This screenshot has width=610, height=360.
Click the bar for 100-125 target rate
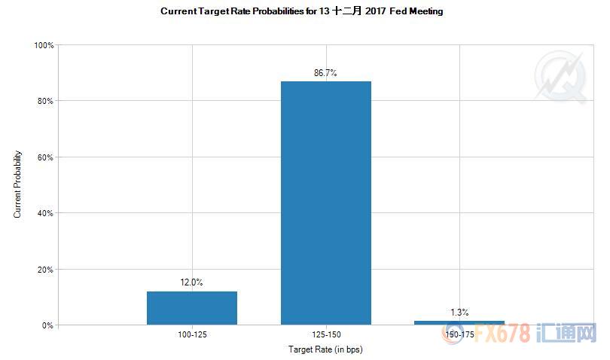click(x=191, y=308)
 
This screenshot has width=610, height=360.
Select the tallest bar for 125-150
click(x=325, y=203)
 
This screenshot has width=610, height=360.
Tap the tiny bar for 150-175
click(x=459, y=322)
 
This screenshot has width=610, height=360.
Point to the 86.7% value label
click(x=325, y=73)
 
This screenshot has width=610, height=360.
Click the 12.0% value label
click(x=191, y=282)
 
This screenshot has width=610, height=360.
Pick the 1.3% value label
click(x=459, y=312)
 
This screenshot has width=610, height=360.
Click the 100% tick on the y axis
click(x=44, y=45)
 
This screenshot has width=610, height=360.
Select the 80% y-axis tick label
click(x=46, y=101)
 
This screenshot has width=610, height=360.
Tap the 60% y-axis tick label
click(x=46, y=157)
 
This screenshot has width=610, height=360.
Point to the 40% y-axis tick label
click(x=46, y=213)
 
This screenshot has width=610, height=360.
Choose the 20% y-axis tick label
click(x=46, y=270)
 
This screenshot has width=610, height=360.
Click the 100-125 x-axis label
click(x=191, y=334)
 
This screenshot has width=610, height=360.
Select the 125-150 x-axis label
click(x=325, y=334)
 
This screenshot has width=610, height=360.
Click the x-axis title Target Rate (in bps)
click(x=325, y=349)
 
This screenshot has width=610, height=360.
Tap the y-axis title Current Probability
click(x=17, y=185)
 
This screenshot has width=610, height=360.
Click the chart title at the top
click(x=301, y=11)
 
